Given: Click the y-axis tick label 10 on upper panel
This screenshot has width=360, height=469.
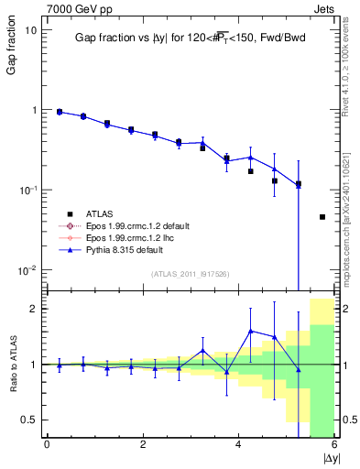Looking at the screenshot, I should (x=29, y=29).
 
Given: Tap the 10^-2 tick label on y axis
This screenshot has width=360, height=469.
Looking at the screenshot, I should (x=27, y=270).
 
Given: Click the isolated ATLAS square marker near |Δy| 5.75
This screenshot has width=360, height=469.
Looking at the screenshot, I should (x=322, y=217).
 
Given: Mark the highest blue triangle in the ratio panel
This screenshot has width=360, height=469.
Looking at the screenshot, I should (x=250, y=331).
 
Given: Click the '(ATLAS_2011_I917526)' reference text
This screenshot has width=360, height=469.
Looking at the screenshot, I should (x=191, y=274).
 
